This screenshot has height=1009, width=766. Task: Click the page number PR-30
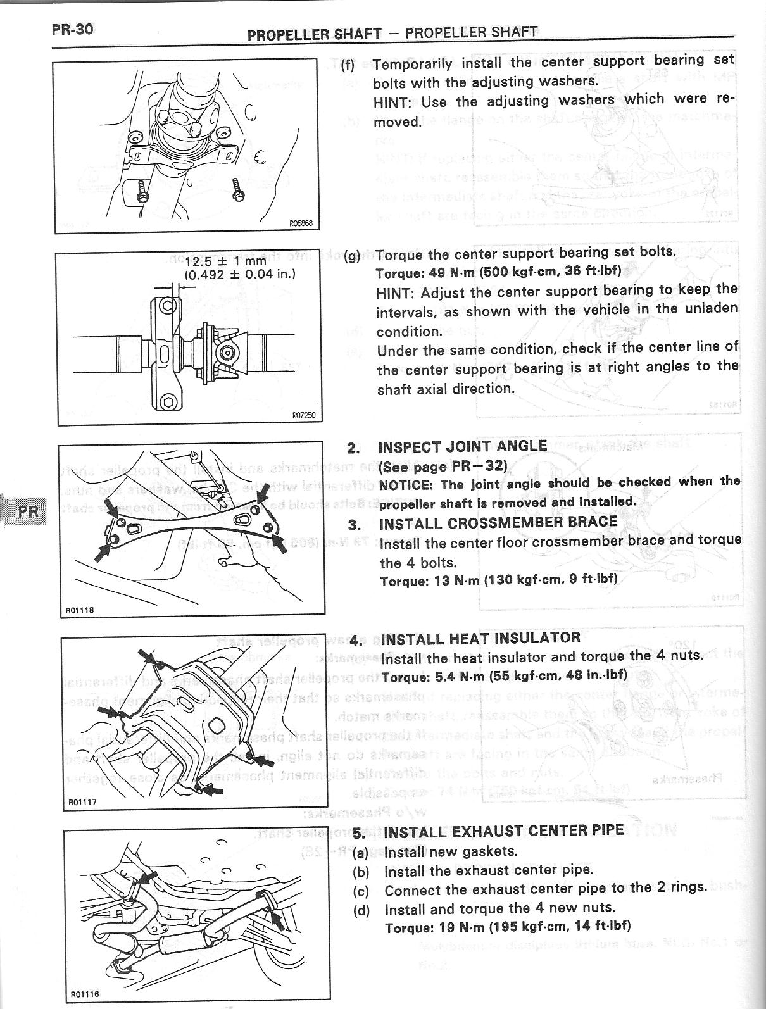pyautogui.click(x=73, y=29)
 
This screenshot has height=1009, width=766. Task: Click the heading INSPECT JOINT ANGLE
pyautogui.click(x=462, y=446)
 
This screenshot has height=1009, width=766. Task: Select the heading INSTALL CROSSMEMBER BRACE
pyautogui.click(x=498, y=523)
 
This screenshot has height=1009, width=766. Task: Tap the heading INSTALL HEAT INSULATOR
pyautogui.click(x=480, y=637)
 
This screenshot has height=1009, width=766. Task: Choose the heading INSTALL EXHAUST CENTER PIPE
pyautogui.click(x=504, y=830)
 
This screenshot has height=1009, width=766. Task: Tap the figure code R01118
pyautogui.click(x=80, y=610)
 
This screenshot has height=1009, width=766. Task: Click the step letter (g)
pyautogui.click(x=352, y=256)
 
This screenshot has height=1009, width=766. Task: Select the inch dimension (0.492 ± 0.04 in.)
pyautogui.click(x=240, y=275)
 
